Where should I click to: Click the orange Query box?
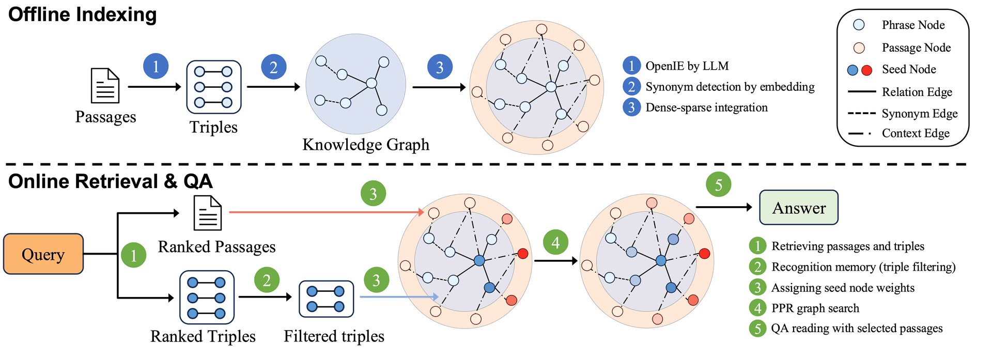click(x=43, y=254)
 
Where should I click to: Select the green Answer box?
click(x=798, y=207)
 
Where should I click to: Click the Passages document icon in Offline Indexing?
click(x=105, y=86)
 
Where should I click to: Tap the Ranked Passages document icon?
click(x=208, y=213)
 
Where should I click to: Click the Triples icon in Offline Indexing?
click(x=214, y=87)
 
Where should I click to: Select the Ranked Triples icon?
click(x=207, y=298)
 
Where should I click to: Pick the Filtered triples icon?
click(x=326, y=299)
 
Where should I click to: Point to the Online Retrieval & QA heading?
click(x=111, y=181)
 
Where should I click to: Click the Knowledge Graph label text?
click(x=366, y=145)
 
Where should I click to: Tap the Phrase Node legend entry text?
click(x=913, y=25)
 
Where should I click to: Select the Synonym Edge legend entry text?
click(x=920, y=113)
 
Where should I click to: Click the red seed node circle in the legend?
click(x=867, y=70)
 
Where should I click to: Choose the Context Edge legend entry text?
click(x=916, y=133)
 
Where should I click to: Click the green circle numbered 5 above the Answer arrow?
click(x=718, y=184)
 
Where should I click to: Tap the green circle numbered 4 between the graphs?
click(x=555, y=242)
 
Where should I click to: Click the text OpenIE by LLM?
click(x=687, y=66)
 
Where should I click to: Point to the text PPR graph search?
click(x=815, y=308)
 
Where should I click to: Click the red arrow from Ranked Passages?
click(x=327, y=212)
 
